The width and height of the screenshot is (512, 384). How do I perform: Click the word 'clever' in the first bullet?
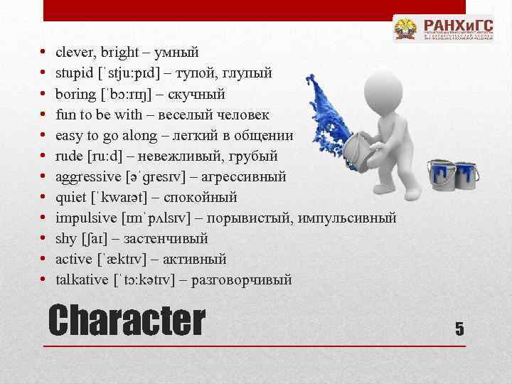[73, 52]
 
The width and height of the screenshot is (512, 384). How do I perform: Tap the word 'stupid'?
[75, 73]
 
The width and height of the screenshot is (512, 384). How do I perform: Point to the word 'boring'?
[75, 93]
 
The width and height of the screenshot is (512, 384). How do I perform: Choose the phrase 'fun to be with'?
[95, 114]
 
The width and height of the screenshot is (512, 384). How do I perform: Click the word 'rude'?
[69, 156]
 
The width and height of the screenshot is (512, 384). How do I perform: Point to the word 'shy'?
[65, 238]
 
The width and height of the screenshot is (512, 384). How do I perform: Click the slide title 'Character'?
[126, 321]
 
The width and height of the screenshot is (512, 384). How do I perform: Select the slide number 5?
[459, 328]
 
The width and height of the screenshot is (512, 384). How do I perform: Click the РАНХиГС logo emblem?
[406, 31]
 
